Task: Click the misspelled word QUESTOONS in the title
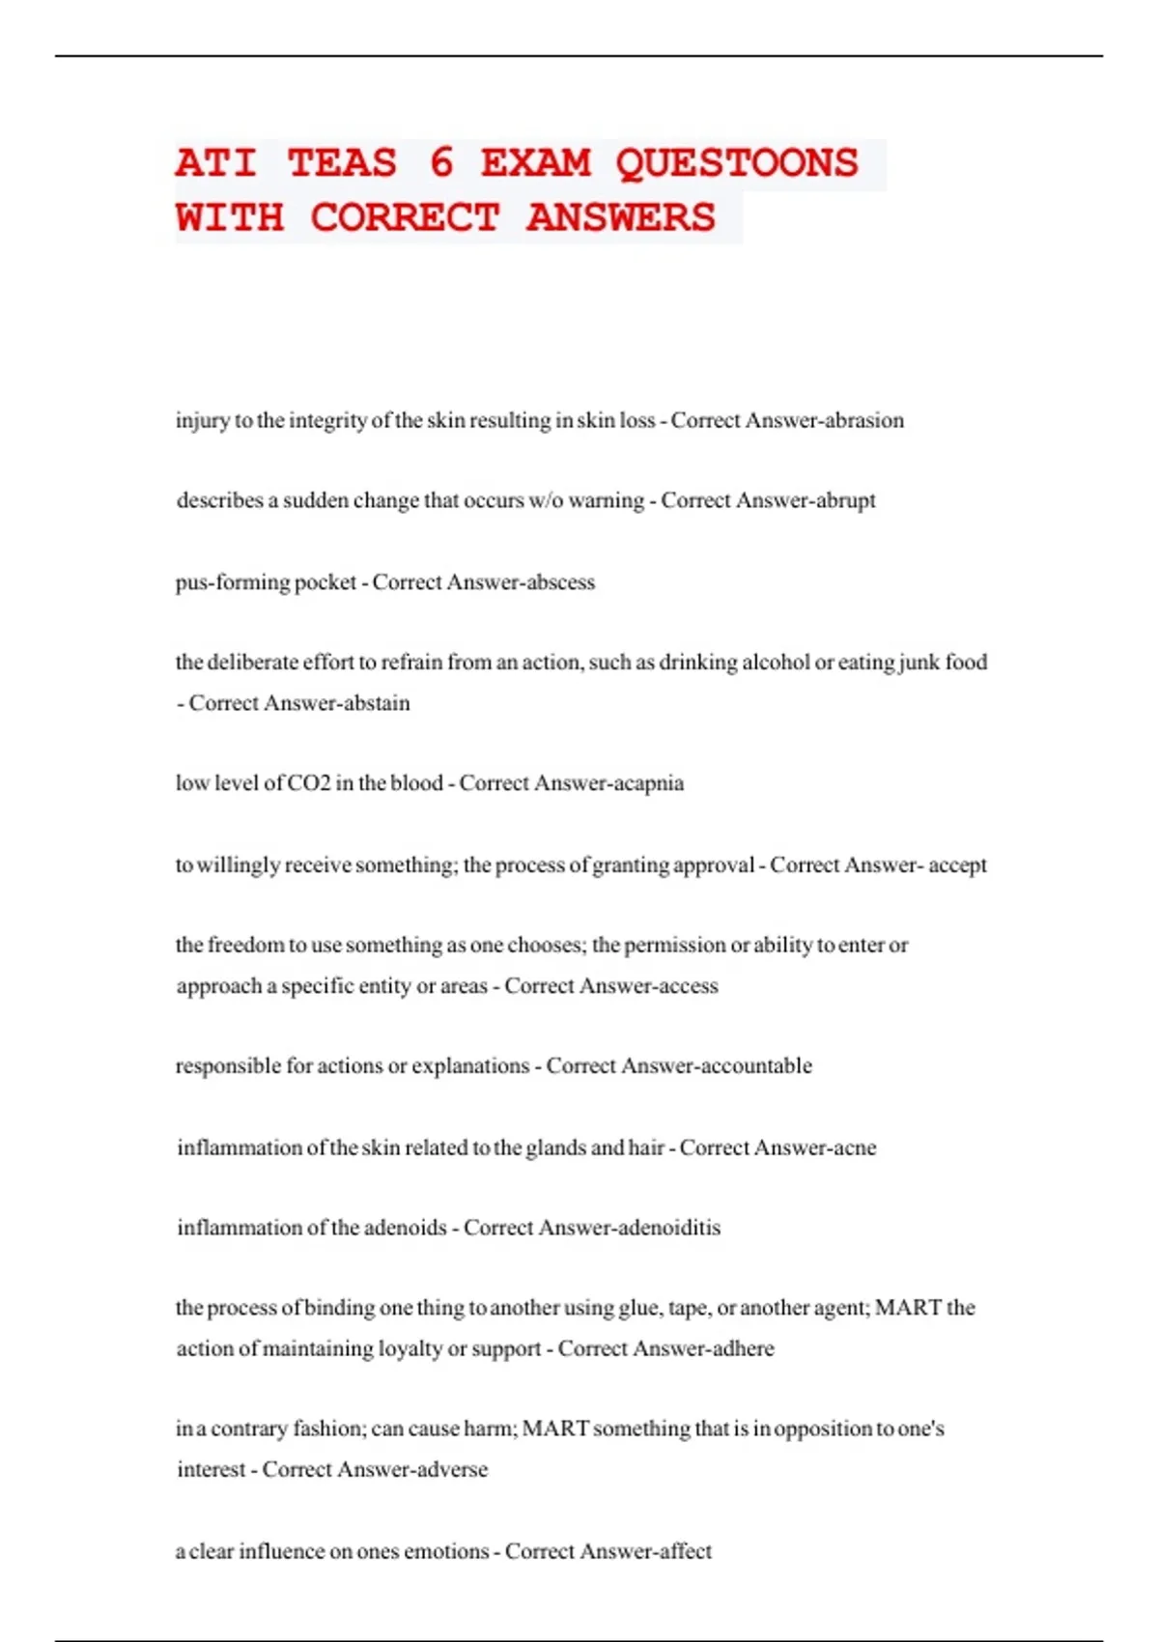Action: pyautogui.click(x=737, y=163)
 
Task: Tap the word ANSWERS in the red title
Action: pyautogui.click(x=621, y=217)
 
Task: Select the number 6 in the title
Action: pyautogui.click(x=440, y=163)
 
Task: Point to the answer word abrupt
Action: pyautogui.click(x=846, y=500)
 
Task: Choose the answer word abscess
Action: pyautogui.click(x=558, y=582)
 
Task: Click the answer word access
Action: pyautogui.click(x=687, y=986)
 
